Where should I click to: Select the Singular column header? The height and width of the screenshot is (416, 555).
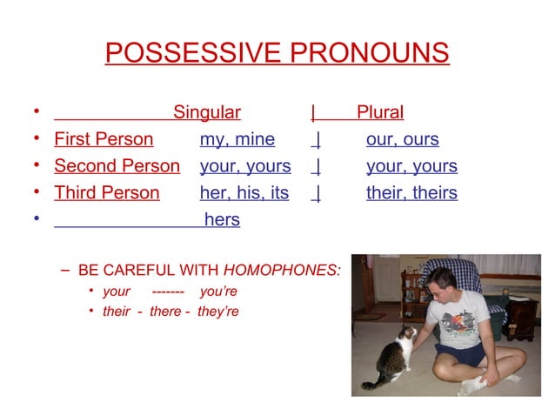(x=207, y=112)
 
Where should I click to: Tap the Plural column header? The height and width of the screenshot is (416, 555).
(x=380, y=112)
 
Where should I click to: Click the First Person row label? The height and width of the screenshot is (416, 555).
(x=104, y=139)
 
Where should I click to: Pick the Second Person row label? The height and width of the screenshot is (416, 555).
(x=117, y=166)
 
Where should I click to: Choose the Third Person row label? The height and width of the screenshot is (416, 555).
(x=107, y=193)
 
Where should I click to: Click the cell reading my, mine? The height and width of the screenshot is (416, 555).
(x=237, y=139)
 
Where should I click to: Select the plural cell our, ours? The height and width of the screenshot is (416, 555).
(x=402, y=139)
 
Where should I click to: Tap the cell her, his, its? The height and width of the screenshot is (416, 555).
(x=244, y=193)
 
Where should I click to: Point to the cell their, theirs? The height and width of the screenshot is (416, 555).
(x=411, y=193)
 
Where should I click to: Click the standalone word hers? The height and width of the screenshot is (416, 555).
(x=222, y=220)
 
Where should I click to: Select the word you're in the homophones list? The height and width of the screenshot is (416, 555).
(x=218, y=292)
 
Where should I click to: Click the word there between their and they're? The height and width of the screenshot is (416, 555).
(x=165, y=312)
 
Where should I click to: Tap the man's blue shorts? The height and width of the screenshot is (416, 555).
(x=461, y=354)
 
